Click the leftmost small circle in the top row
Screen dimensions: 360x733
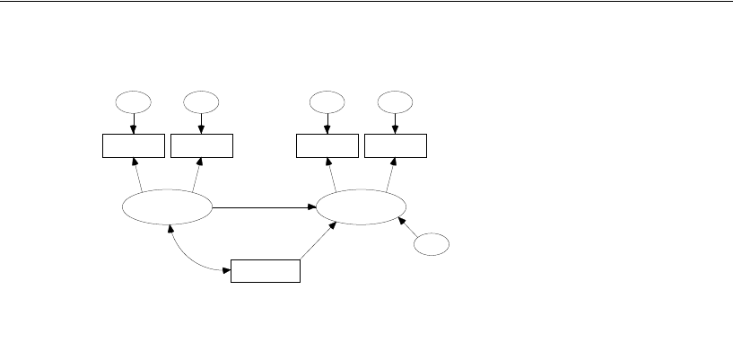134,101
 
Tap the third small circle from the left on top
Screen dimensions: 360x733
327,101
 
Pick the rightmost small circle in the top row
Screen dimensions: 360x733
396,101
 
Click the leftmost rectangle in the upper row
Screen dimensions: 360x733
134,145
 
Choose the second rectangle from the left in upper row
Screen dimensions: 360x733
202,145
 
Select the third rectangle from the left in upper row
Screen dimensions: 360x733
327,145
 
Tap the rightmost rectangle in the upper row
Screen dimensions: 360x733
396,145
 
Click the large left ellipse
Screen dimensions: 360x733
167,207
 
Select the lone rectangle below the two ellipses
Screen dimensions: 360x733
266,270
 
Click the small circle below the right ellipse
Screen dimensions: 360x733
432,244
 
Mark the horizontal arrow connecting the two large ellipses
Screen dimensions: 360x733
264,207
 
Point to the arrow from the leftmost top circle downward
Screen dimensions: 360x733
134,122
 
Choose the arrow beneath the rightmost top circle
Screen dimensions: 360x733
396,122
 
